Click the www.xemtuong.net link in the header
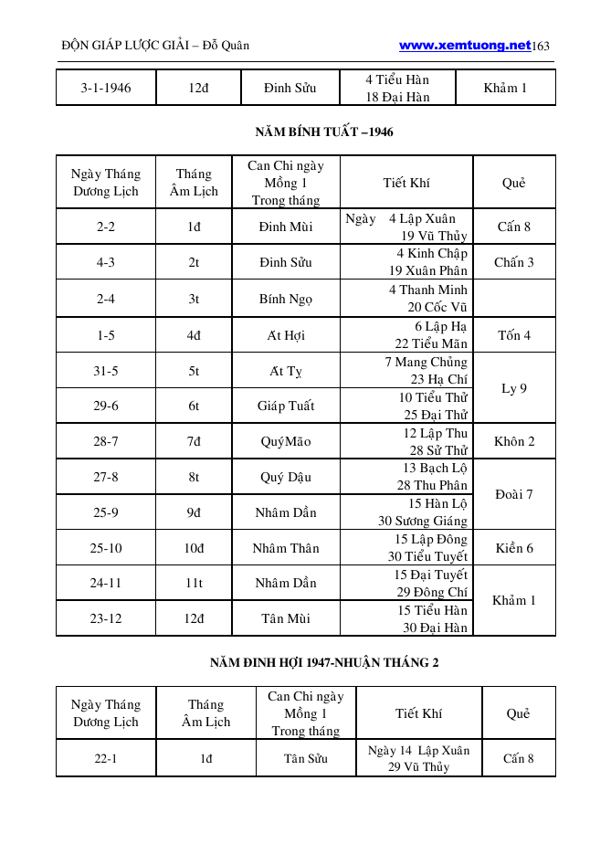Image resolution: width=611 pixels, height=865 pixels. tap(465, 45)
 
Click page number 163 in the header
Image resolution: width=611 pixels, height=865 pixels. tap(543, 46)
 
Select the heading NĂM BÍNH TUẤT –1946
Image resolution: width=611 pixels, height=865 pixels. tap(324, 132)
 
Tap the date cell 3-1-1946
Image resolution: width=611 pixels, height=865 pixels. tap(106, 89)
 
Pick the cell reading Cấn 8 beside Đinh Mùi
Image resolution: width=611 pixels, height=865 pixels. tap(514, 227)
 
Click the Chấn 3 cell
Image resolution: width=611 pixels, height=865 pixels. tap(514, 262)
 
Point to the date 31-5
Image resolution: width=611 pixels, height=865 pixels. tap(106, 371)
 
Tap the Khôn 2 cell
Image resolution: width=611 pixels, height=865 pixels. tap(514, 441)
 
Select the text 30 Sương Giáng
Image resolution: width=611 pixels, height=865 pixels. tap(423, 521)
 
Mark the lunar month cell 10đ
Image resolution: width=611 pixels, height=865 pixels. tap(195, 548)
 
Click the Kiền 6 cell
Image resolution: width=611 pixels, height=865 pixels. tap(514, 548)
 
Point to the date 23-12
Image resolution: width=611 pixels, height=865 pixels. tap(106, 618)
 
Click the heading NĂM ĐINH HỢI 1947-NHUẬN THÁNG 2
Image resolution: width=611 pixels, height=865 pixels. tap(324, 662)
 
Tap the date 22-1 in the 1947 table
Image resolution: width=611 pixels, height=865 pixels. tap(106, 758)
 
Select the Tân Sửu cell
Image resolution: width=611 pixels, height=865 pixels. tap(306, 758)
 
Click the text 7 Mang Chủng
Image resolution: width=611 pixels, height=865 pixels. tap(426, 363)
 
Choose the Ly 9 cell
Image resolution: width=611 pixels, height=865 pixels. tap(514, 388)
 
